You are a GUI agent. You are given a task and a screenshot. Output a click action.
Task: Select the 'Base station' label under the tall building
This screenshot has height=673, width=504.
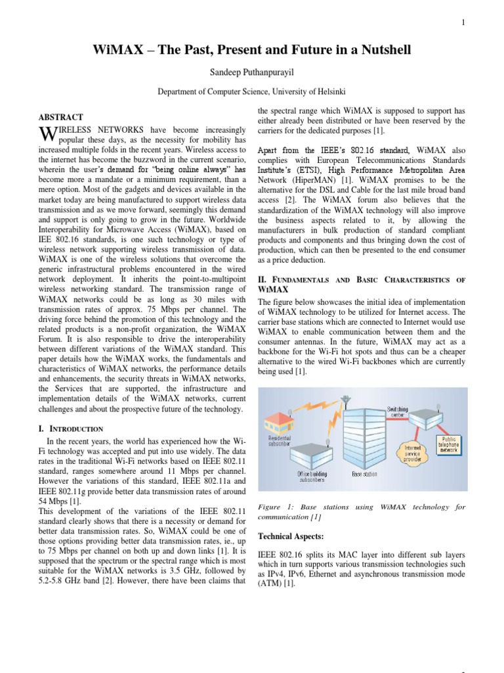pos(364,473)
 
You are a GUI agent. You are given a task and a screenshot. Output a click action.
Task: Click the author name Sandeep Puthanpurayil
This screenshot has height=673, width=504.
pos(251,71)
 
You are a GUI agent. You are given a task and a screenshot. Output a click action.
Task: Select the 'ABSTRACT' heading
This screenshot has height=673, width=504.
pos(60,117)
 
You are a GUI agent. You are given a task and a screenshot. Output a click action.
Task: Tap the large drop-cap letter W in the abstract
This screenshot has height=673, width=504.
pos(49,135)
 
